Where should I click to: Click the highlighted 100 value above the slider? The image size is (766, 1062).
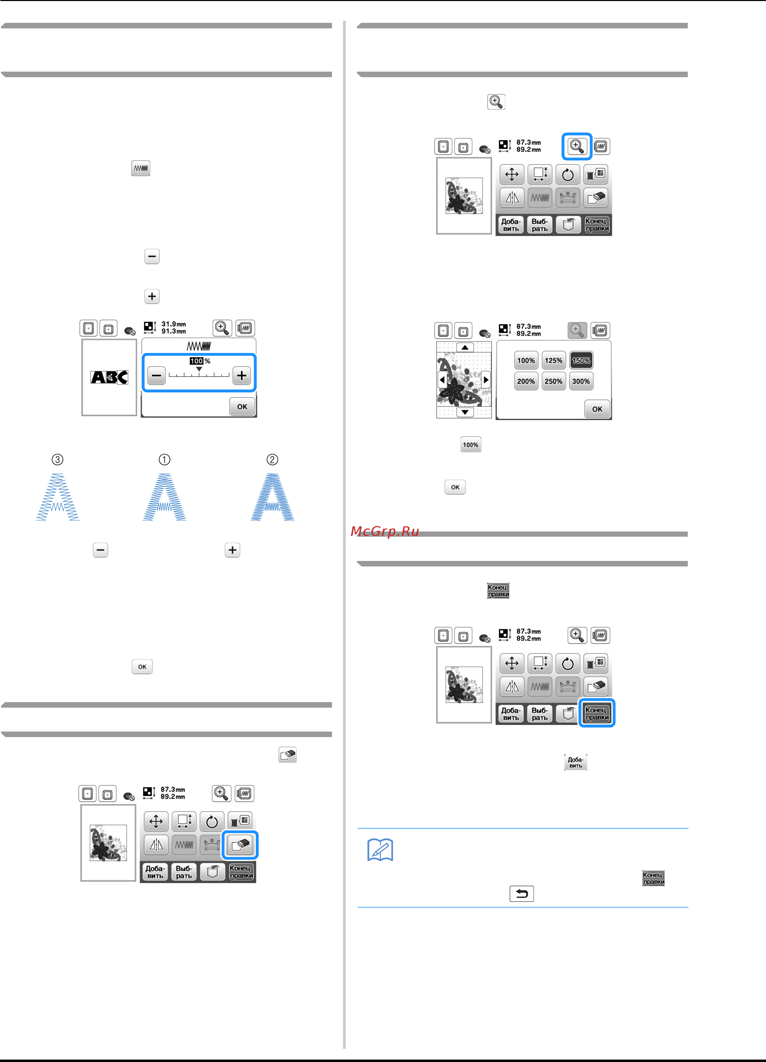point(196,361)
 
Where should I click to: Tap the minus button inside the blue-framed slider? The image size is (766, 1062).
point(156,375)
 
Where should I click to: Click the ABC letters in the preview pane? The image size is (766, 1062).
point(109,377)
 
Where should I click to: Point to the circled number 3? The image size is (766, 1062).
point(57,459)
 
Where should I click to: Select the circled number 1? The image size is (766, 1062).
point(164,459)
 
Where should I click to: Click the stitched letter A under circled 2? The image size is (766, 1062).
point(272,497)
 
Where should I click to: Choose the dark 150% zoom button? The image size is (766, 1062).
point(581,360)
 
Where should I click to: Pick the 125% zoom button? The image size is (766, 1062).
point(553,360)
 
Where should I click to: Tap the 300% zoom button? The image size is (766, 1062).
point(581,381)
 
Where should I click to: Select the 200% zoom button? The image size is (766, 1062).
point(526,381)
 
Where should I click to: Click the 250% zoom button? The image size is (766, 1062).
point(553,381)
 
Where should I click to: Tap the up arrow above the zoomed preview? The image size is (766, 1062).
point(465,347)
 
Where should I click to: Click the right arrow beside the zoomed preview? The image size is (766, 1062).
point(486,380)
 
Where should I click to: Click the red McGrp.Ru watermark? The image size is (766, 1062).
point(385,531)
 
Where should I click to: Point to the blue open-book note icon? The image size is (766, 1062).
point(380,850)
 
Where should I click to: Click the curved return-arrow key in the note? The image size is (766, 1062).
point(521,894)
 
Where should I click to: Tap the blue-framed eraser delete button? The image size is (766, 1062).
point(240,845)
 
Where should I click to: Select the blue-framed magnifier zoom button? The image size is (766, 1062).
point(577,146)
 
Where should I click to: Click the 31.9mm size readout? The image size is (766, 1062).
point(174,324)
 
